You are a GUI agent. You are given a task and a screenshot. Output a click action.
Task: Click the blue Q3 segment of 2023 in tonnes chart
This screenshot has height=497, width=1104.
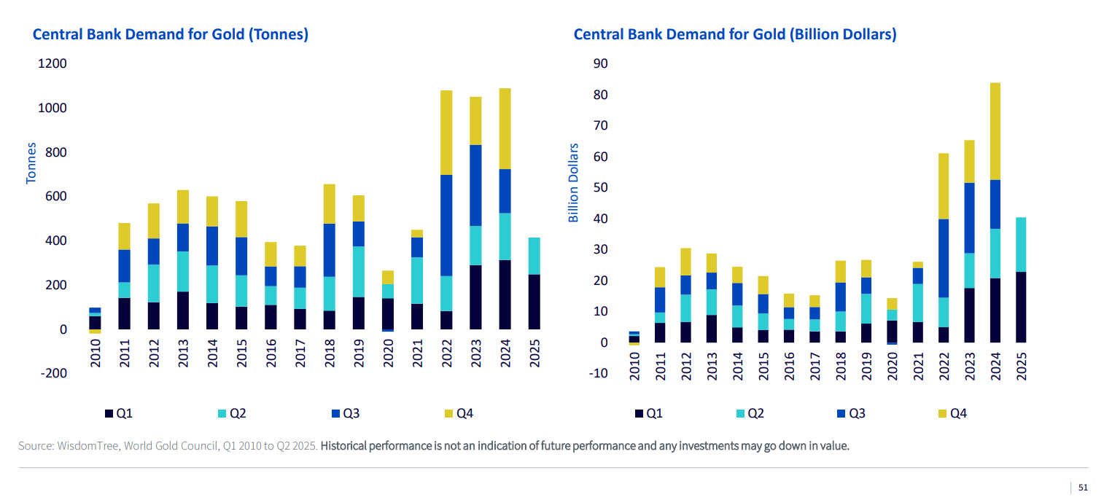click(475, 185)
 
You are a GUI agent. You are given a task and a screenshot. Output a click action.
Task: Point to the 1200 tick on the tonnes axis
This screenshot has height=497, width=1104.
click(53, 63)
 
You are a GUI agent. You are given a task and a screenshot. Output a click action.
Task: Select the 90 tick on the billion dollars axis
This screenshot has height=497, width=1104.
click(600, 63)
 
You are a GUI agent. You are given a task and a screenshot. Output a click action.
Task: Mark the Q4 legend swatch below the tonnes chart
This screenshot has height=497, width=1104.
click(447, 414)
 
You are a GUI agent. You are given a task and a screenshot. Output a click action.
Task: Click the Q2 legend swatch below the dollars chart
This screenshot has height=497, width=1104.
click(739, 414)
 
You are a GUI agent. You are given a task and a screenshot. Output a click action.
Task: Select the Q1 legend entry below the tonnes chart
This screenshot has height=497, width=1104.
click(117, 414)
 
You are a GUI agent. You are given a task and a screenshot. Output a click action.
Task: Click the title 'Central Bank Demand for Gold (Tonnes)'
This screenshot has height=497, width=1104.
click(170, 34)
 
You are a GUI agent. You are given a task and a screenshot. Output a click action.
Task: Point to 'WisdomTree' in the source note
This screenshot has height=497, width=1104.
click(88, 446)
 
